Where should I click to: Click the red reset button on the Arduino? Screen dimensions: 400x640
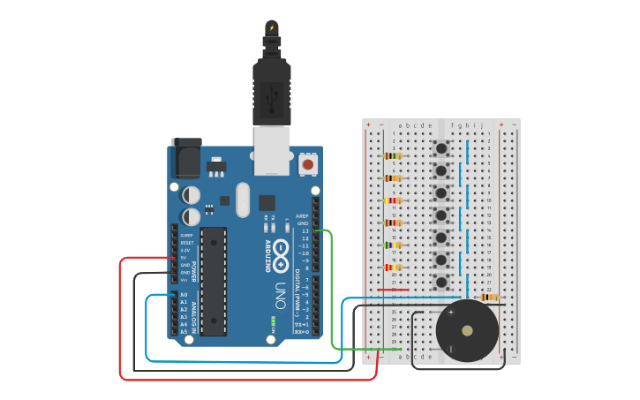click(308, 164)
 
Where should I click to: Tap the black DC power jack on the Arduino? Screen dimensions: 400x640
click(184, 156)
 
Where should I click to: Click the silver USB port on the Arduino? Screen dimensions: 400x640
click(271, 147)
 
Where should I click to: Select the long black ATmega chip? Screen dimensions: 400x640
click(213, 281)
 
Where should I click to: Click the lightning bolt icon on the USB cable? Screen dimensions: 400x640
click(272, 28)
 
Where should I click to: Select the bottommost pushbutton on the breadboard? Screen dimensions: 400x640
click(440, 282)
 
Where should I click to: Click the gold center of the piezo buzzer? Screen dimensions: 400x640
click(467, 332)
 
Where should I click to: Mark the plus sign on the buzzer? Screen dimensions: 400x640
click(451, 312)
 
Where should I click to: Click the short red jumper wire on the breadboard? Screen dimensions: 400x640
click(393, 289)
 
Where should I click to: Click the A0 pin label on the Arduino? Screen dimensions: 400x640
click(184, 295)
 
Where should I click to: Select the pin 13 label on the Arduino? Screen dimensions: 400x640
click(305, 230)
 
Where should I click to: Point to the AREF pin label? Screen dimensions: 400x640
click(302, 215)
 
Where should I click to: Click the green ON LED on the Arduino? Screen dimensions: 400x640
click(274, 319)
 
